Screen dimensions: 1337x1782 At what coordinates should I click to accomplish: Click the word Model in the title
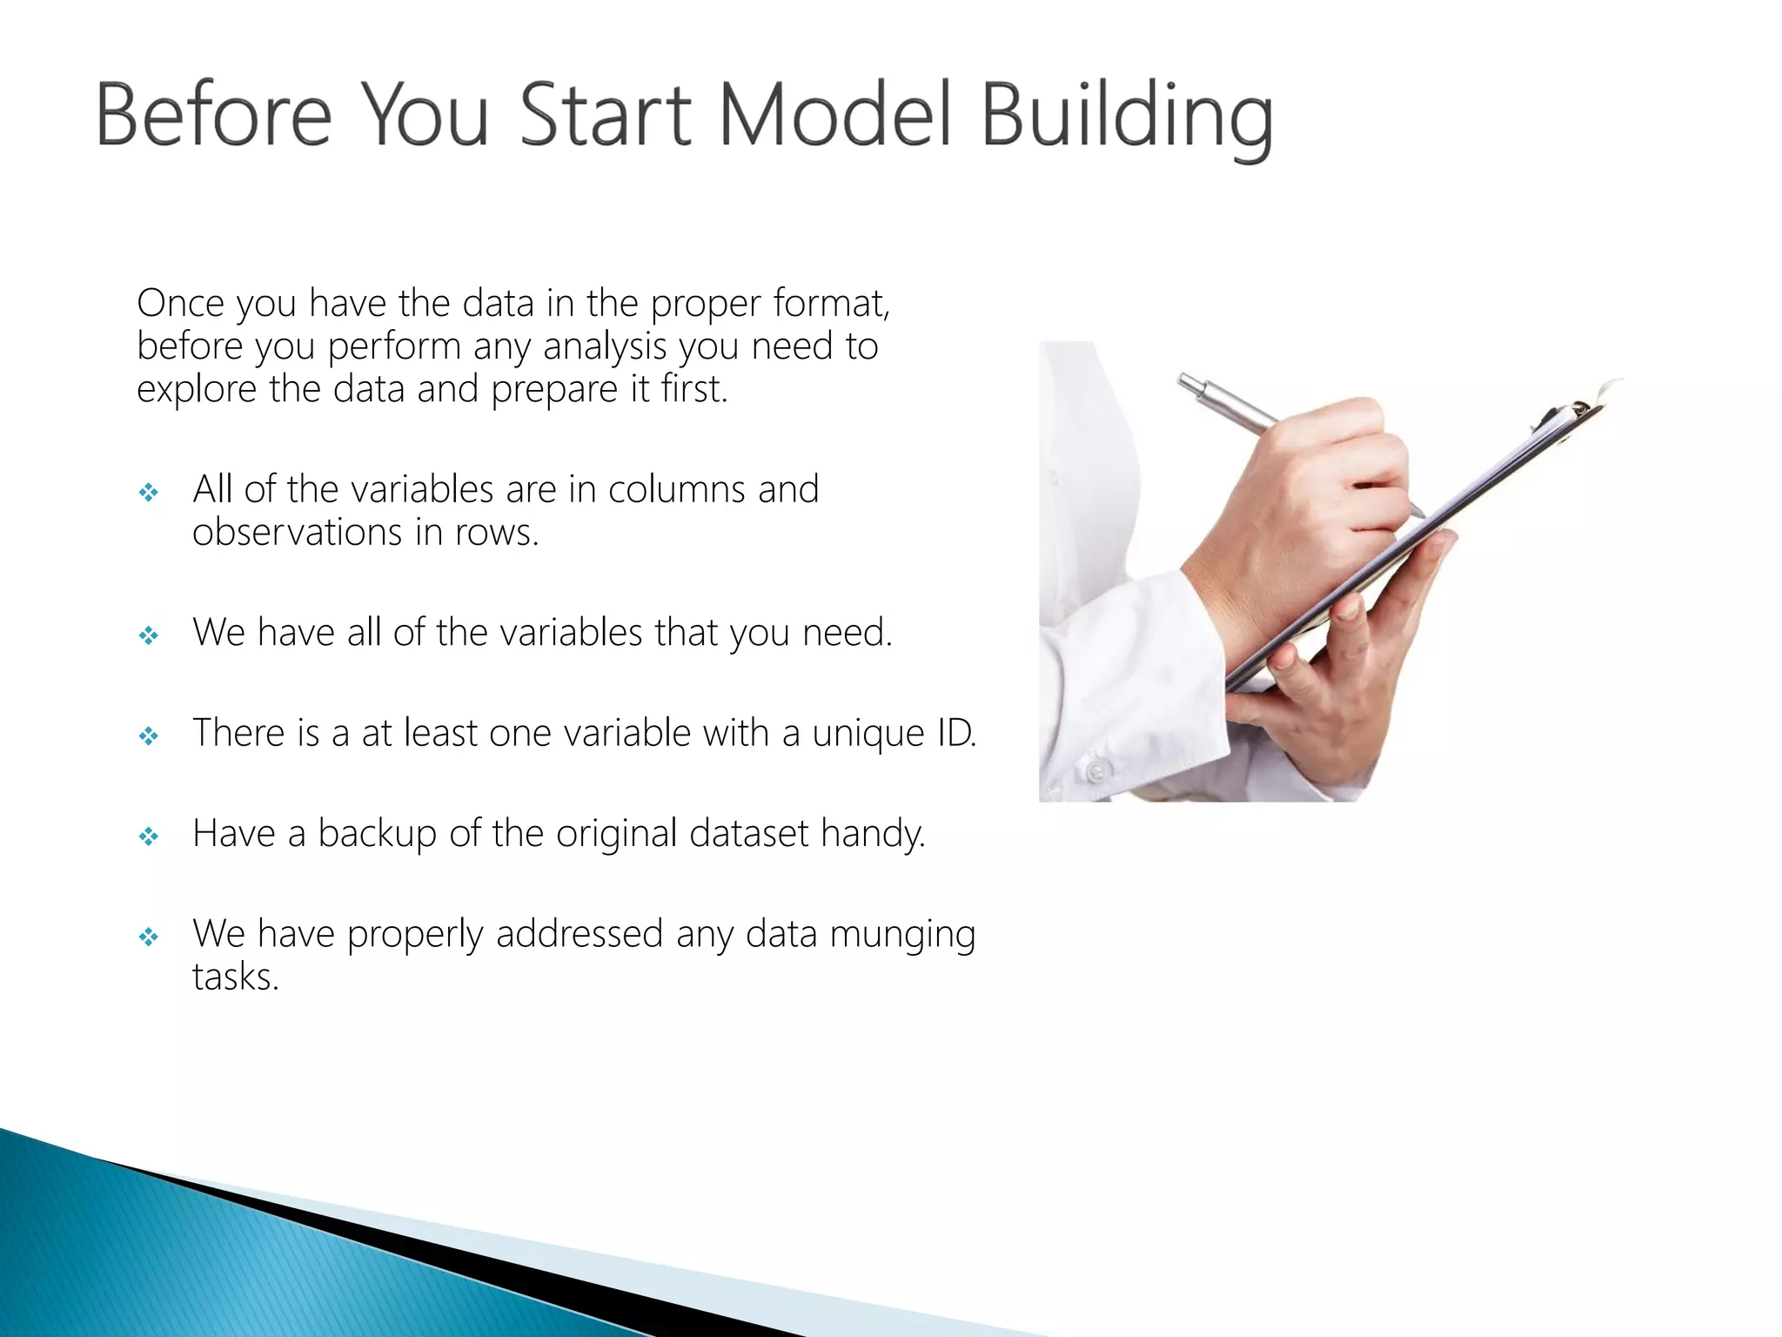pos(834,116)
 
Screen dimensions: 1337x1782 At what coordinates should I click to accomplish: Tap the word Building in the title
pos(1127,118)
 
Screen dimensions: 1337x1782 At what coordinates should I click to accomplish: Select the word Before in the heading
pos(213,116)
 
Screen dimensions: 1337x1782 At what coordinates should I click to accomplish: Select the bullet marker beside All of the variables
pos(149,493)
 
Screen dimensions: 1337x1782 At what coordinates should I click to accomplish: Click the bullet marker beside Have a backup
pos(149,836)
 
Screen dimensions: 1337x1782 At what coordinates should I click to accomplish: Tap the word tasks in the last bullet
pos(235,977)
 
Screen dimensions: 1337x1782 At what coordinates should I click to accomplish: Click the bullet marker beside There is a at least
pos(149,736)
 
